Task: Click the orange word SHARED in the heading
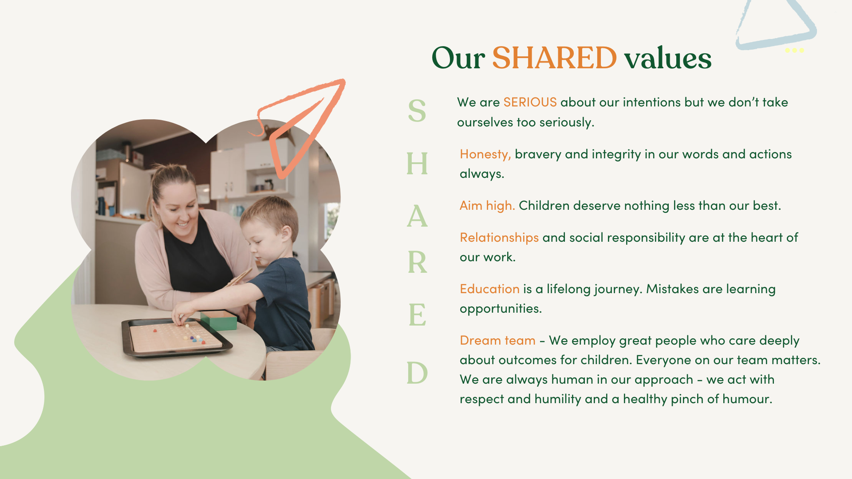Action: (554, 58)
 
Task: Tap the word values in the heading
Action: (668, 58)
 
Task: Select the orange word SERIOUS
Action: (530, 102)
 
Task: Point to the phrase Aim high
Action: (487, 206)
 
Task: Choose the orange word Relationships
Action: (499, 238)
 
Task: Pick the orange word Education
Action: (489, 289)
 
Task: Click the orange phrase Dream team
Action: (497, 341)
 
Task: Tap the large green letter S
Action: (417, 110)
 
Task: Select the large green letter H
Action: (417, 163)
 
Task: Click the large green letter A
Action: (417, 216)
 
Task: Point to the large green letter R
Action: (417, 262)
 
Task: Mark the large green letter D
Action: (417, 373)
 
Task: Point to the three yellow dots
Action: (794, 50)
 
